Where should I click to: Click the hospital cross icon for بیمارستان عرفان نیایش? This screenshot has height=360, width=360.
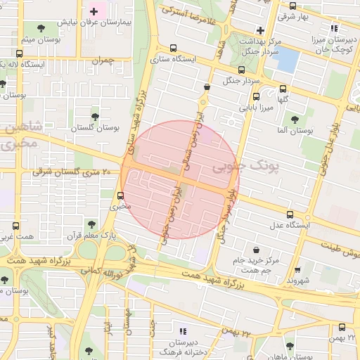94,12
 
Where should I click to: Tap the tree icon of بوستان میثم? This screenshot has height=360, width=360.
39,28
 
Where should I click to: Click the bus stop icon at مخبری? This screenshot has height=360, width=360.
123,195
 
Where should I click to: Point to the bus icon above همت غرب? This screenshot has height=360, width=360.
15,226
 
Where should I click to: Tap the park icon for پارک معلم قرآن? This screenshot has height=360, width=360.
89,224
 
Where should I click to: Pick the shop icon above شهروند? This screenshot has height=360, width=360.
298,269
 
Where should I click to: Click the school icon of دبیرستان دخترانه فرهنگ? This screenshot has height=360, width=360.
182,330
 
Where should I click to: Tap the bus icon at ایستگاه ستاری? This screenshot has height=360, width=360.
174,49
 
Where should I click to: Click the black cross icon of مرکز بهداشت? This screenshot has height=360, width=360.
261,30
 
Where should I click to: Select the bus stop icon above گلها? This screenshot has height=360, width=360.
283,89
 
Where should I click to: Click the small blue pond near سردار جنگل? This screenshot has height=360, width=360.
288,60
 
